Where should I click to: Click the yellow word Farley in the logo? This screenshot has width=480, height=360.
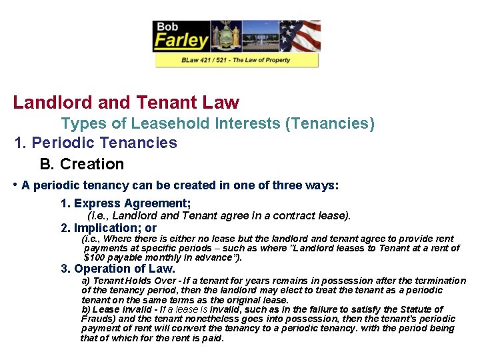coord(181,41)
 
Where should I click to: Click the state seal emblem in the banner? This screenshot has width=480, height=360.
coord(225,36)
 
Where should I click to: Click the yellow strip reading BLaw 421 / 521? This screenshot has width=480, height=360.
coord(237,60)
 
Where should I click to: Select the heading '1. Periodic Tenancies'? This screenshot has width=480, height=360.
coord(96,143)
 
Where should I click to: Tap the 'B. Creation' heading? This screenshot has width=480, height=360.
coord(82,164)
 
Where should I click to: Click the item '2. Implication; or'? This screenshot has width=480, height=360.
coord(109,228)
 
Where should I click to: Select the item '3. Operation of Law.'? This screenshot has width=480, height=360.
coord(118,269)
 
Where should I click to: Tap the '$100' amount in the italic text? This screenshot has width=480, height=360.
coord(96,257)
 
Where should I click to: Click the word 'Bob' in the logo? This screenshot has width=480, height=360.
coord(167,27)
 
